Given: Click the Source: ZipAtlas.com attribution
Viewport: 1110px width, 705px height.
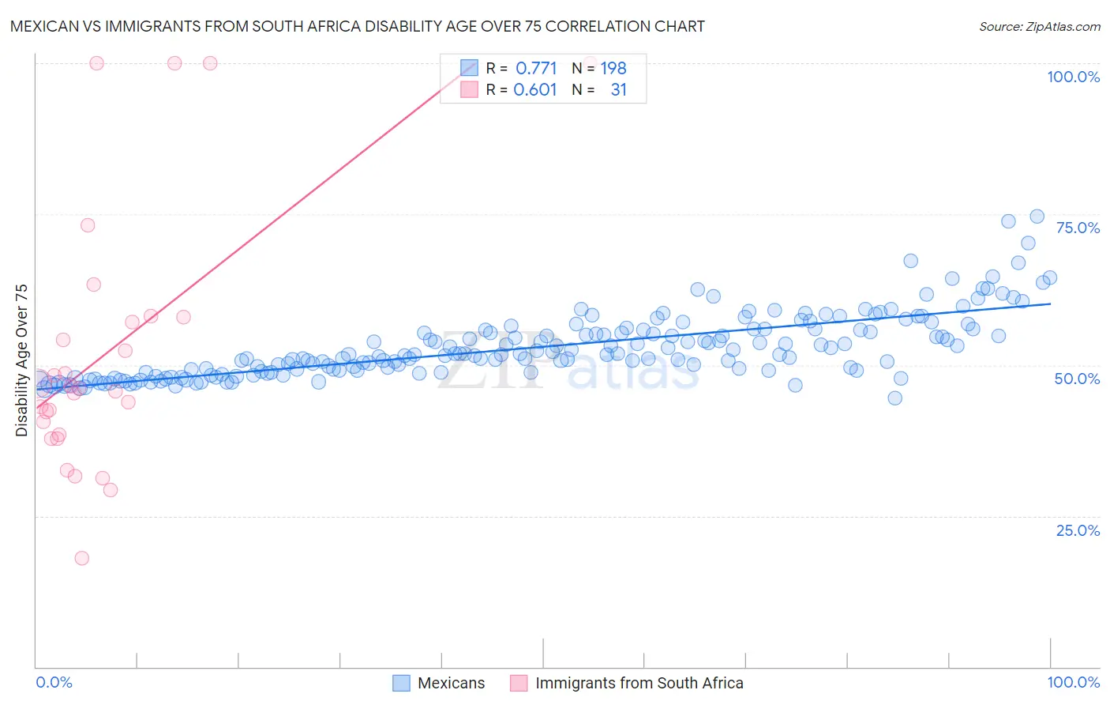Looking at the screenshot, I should (1039, 26).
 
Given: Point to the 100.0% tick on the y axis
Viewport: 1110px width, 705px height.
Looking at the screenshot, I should (1073, 77).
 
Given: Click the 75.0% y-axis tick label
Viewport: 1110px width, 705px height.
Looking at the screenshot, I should (1078, 228).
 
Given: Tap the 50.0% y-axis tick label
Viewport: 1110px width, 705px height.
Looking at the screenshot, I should (1077, 379).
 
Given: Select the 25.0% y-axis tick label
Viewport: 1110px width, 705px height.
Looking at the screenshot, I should (1078, 530).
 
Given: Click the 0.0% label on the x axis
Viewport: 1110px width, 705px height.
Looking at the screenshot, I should (54, 682).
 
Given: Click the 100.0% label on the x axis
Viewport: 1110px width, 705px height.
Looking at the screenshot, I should (1073, 682).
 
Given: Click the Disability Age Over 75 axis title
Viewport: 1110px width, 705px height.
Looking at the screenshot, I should (21, 360).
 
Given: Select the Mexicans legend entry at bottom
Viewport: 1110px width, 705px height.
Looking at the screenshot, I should (451, 683).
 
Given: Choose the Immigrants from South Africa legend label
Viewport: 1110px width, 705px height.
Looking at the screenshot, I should (639, 683).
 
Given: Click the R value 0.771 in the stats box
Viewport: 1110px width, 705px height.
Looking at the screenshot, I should (536, 68).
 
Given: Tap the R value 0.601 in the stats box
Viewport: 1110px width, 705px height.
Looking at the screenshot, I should (535, 90).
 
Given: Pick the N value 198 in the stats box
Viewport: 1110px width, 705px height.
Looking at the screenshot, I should (613, 68).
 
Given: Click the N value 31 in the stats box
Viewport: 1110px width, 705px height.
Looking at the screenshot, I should (618, 90).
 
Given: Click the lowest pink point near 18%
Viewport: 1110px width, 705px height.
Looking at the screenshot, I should (81, 558).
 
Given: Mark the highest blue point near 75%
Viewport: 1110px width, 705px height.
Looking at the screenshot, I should (1037, 217).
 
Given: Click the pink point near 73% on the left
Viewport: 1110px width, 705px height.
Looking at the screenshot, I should (88, 225).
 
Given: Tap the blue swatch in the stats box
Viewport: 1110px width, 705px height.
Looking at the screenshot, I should (469, 68).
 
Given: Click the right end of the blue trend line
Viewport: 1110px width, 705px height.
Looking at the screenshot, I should (1050, 303).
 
